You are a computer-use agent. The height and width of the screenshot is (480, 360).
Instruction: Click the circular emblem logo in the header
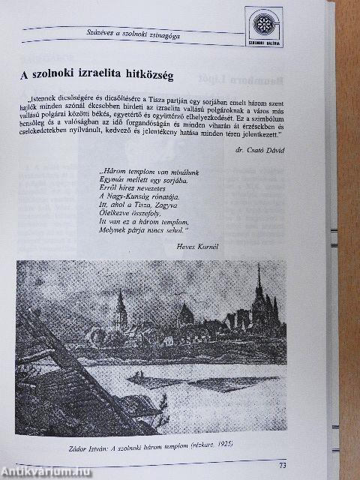click(x=264, y=25)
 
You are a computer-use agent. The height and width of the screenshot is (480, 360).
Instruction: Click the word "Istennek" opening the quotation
click(x=44, y=97)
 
